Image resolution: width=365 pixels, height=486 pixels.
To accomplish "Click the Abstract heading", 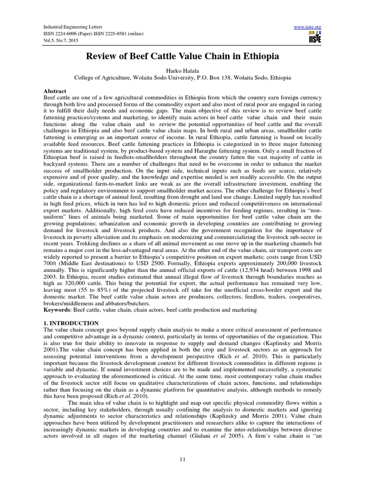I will coord(55,91).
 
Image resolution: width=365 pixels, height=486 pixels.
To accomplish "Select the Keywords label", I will coord(58,309).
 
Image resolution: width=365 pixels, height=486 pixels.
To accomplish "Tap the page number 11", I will coord(182,460).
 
